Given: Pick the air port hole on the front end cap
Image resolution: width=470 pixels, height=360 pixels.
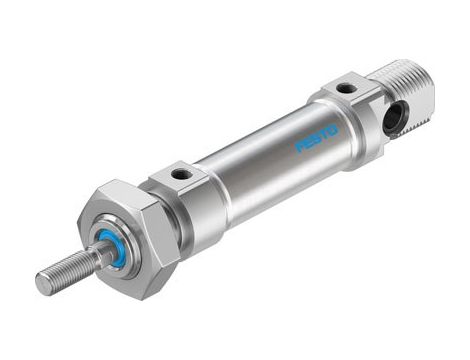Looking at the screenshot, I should [x=183, y=174].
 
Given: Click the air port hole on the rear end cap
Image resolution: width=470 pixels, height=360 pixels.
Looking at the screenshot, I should [x=345, y=88].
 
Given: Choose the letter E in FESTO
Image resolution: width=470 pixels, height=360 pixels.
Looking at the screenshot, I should [x=308, y=144].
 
